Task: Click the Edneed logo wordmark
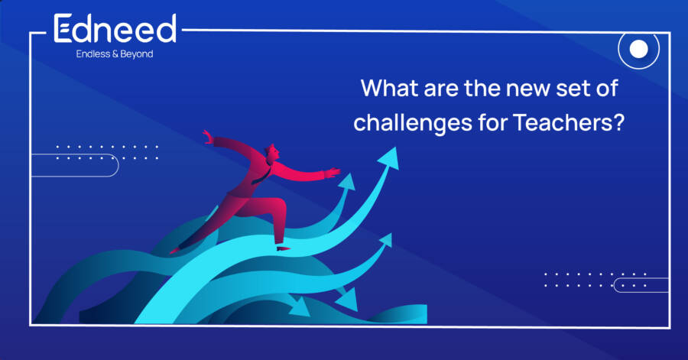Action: pyautogui.click(x=115, y=28)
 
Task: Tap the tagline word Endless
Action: pyautogui.click(x=93, y=54)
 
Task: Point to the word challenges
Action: pyautogui.click(x=413, y=123)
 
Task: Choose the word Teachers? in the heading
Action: pyautogui.click(x=568, y=122)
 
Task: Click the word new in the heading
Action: pyautogui.click(x=527, y=89)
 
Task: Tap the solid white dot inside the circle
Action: pyautogui.click(x=639, y=49)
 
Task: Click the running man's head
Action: pyautogui.click(x=272, y=152)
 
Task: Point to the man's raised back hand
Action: pyautogui.click(x=208, y=137)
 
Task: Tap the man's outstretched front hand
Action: pyautogui.click(x=333, y=172)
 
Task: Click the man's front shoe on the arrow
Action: pyautogui.click(x=283, y=248)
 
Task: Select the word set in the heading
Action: pyautogui.click(x=570, y=89)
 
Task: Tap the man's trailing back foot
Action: pyautogui.click(x=175, y=251)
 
